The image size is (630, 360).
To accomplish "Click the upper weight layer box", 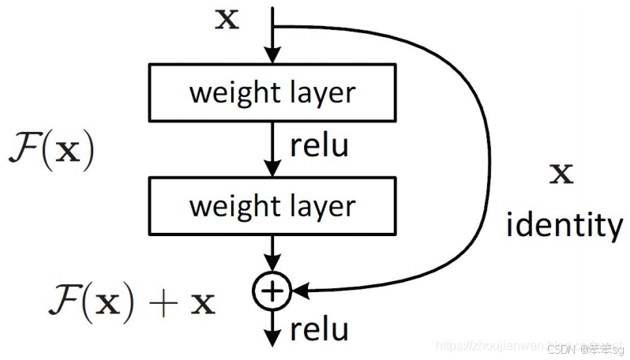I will click(272, 92).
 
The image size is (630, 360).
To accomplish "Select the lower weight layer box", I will click(272, 207).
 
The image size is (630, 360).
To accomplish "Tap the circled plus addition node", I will click(272, 291).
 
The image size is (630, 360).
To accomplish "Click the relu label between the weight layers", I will click(319, 146).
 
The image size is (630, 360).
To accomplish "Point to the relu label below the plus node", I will click(319, 329).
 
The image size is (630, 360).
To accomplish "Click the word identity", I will click(564, 227).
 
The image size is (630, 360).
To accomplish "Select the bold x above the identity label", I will click(561, 174).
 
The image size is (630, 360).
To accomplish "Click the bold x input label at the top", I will click(227, 19).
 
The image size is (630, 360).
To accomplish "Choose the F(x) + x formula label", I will click(129, 302).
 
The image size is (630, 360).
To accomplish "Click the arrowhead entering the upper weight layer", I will click(272, 57).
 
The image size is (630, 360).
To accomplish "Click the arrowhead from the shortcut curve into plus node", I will click(298, 291).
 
